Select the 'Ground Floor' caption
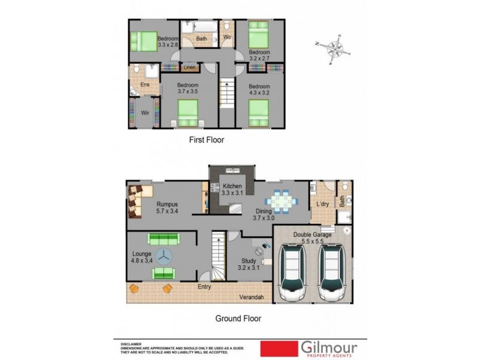coord(238,319)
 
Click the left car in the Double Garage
coord(293,273)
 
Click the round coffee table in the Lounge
coord(163,256)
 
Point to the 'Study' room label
coord(248,261)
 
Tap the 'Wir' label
coord(145,113)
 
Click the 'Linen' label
coord(190,68)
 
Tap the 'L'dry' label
coord(322,205)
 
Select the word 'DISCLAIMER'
coord(131,344)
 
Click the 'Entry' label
coord(205,287)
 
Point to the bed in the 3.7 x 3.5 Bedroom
coord(188,111)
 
